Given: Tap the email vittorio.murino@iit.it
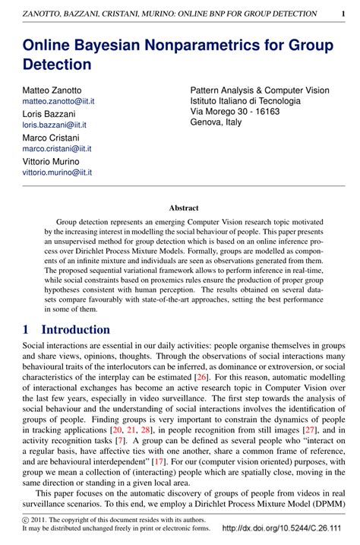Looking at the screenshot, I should click(x=57, y=173).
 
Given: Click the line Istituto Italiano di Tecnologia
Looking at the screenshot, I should click(x=245, y=100).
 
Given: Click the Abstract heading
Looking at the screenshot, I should click(x=183, y=208).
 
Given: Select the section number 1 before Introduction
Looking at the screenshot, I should click(x=26, y=330).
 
